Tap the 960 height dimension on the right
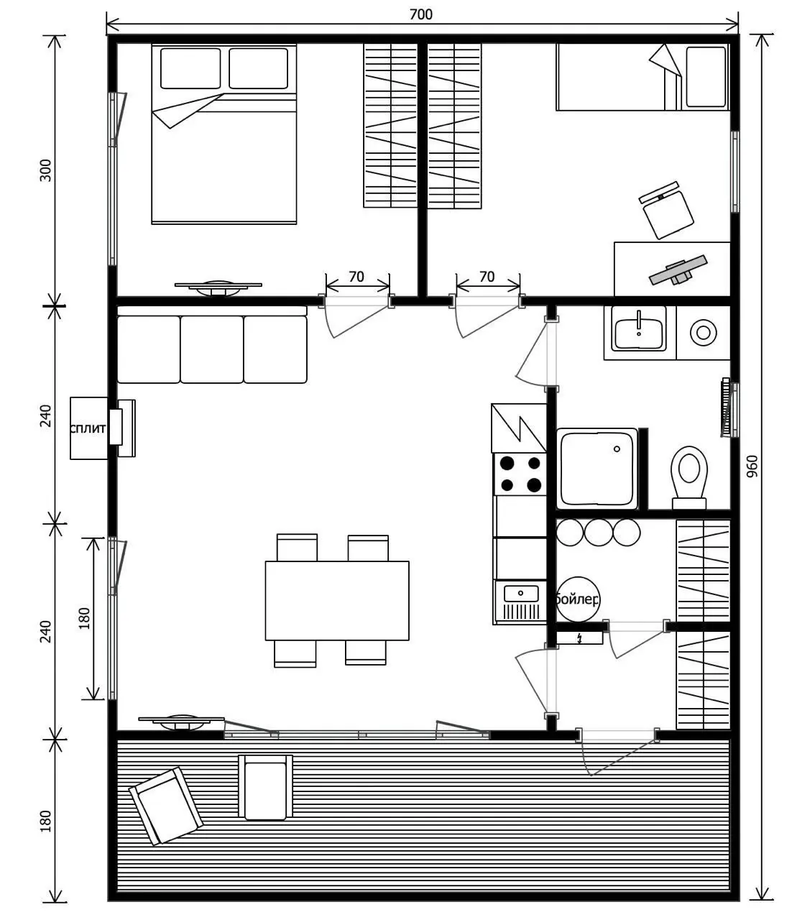coord(752,466)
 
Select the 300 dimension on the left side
coord(45,170)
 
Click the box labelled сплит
coord(88,428)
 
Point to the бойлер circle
coord(578,599)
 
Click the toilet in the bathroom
coord(689,477)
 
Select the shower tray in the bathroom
coord(597,468)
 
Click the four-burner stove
coord(520,474)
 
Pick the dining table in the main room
coord(337,600)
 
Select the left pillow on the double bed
coord(190,68)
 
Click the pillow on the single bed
coord(706,77)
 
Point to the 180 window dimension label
coord(83,618)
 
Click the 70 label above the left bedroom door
coord(356,277)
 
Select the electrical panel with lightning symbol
coord(579,638)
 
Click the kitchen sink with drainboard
coord(520,602)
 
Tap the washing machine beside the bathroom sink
coord(703,333)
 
